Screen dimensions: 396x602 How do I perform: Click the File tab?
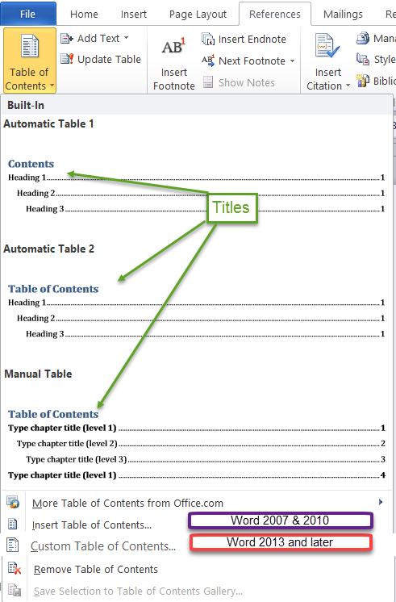28,14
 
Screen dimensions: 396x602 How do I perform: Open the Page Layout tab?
198,15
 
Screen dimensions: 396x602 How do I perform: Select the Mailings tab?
343,15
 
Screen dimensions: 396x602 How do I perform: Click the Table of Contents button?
30,61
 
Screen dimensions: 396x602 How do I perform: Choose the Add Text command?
94,39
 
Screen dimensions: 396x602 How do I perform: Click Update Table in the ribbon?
101,59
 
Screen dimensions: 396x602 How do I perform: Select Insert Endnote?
244,40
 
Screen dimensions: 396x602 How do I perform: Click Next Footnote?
248,61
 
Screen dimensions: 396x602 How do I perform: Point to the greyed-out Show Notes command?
239,82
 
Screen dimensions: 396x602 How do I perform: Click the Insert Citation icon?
327,46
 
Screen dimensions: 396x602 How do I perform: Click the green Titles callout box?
231,207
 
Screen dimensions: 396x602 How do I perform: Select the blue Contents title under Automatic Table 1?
31,164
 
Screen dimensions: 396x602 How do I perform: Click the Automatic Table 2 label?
48,249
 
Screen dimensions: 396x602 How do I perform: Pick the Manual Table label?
38,374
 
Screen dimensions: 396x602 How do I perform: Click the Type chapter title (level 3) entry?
77,459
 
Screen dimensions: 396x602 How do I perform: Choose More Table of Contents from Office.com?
127,503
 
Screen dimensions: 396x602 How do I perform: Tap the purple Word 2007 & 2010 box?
280,520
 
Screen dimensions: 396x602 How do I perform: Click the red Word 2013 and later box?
280,542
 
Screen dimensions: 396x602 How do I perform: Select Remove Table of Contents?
95,569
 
